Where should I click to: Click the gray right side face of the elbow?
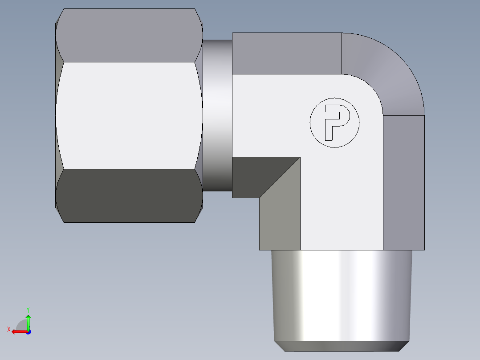pyautogui.click(x=403, y=183)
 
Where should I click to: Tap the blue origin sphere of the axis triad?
pyautogui.click(x=28, y=332)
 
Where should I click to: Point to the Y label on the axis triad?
pyautogui.click(x=28, y=309)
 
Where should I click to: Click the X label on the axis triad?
pyautogui.click(x=9, y=330)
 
